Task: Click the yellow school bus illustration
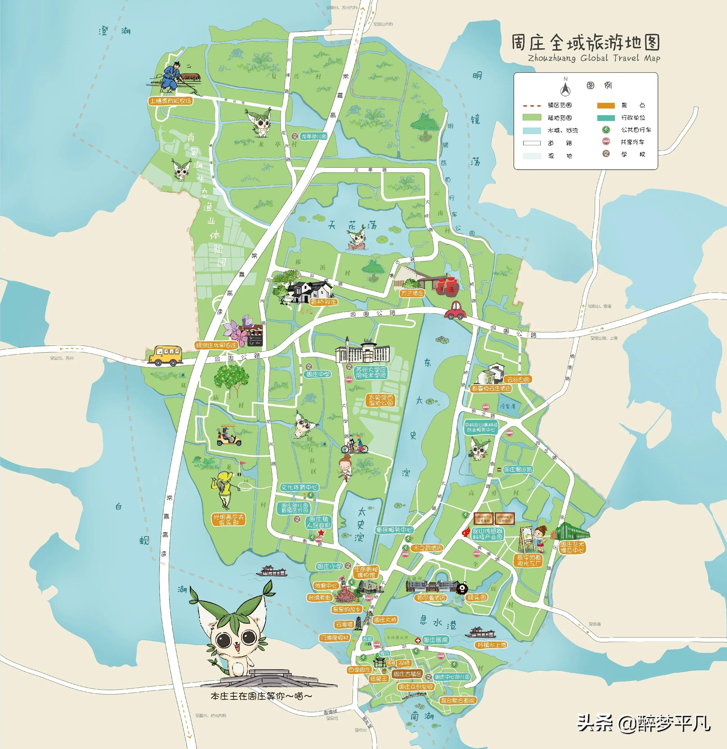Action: coord(165,356)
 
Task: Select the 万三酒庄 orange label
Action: coord(412,293)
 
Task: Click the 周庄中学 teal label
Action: coord(318,374)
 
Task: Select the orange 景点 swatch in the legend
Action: coord(606,105)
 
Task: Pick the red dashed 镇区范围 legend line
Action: coord(532,105)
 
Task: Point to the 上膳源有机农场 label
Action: coord(170,101)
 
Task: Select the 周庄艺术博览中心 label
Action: coord(572,547)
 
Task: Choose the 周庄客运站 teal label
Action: coord(518,469)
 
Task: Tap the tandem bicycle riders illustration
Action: coord(354,445)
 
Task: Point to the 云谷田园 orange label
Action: coord(518,380)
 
